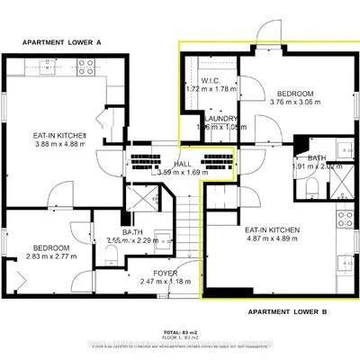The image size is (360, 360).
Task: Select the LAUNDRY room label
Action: (220, 119)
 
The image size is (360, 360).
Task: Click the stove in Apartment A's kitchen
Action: (86, 66)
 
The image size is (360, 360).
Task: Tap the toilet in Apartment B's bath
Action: (310, 187)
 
